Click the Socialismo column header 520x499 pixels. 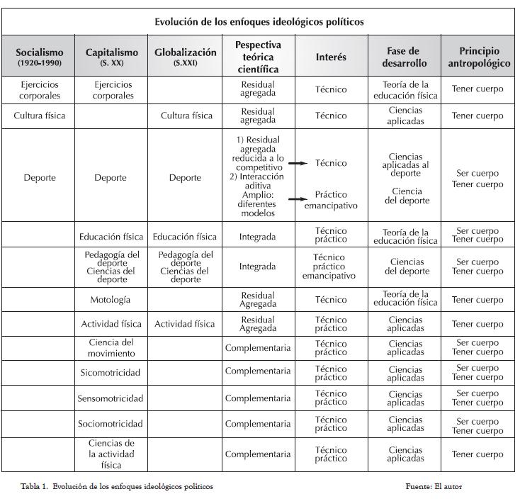40,57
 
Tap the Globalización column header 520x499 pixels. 185,57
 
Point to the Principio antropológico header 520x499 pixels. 479,57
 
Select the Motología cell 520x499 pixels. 111,300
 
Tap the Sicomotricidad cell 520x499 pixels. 111,373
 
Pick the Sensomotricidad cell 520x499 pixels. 111,398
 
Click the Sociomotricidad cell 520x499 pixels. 111,424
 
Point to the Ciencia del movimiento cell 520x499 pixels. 111,347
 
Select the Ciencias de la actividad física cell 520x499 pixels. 111,454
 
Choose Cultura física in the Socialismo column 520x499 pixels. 40,116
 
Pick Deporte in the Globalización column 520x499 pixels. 185,178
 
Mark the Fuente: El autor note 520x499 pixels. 434,486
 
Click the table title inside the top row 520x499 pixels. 259,22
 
